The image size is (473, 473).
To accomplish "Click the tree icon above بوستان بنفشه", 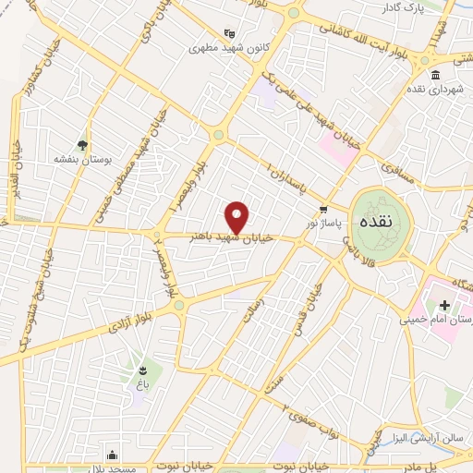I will (x=83, y=144).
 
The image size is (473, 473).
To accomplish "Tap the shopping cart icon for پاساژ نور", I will (x=322, y=209).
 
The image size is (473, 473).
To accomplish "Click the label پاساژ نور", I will (x=325, y=224).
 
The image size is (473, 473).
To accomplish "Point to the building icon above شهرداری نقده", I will (x=434, y=75).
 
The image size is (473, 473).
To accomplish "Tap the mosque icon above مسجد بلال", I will (x=113, y=454).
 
